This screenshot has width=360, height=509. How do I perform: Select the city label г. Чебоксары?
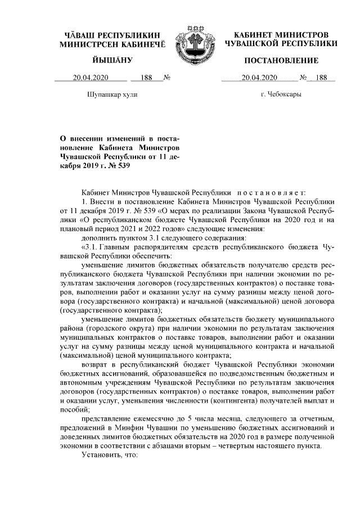click(281, 94)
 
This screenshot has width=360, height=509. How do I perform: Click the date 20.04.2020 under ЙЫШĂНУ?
click(90, 77)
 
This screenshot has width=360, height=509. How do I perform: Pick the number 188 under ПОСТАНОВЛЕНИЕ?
click(321, 77)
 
